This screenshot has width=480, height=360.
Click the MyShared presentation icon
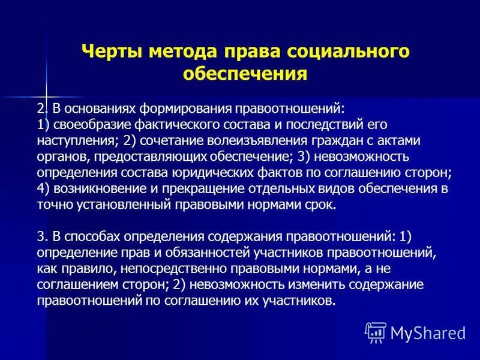pyautogui.click(x=376, y=332)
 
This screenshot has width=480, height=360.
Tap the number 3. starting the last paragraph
pyautogui.click(x=41, y=235)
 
